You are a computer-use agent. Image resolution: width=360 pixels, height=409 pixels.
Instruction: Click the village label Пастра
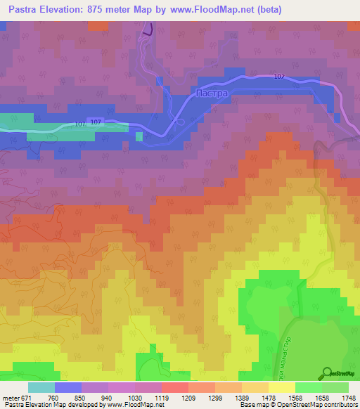click(212, 93)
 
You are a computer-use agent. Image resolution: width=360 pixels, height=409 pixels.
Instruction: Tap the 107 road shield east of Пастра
click(278, 77)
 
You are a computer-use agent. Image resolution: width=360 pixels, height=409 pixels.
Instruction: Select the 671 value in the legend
click(26, 397)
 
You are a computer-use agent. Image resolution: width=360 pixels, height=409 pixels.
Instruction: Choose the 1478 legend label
click(267, 397)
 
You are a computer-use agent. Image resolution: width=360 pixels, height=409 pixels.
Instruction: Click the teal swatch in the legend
click(41, 387)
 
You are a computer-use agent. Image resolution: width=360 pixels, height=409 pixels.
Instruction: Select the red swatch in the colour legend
click(175, 387)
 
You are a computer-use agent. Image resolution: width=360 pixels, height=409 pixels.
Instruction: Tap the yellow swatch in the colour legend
click(281, 387)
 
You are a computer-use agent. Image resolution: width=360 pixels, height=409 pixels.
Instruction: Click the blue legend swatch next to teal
click(68, 387)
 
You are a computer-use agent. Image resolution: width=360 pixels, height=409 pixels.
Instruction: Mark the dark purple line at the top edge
click(147, 30)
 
